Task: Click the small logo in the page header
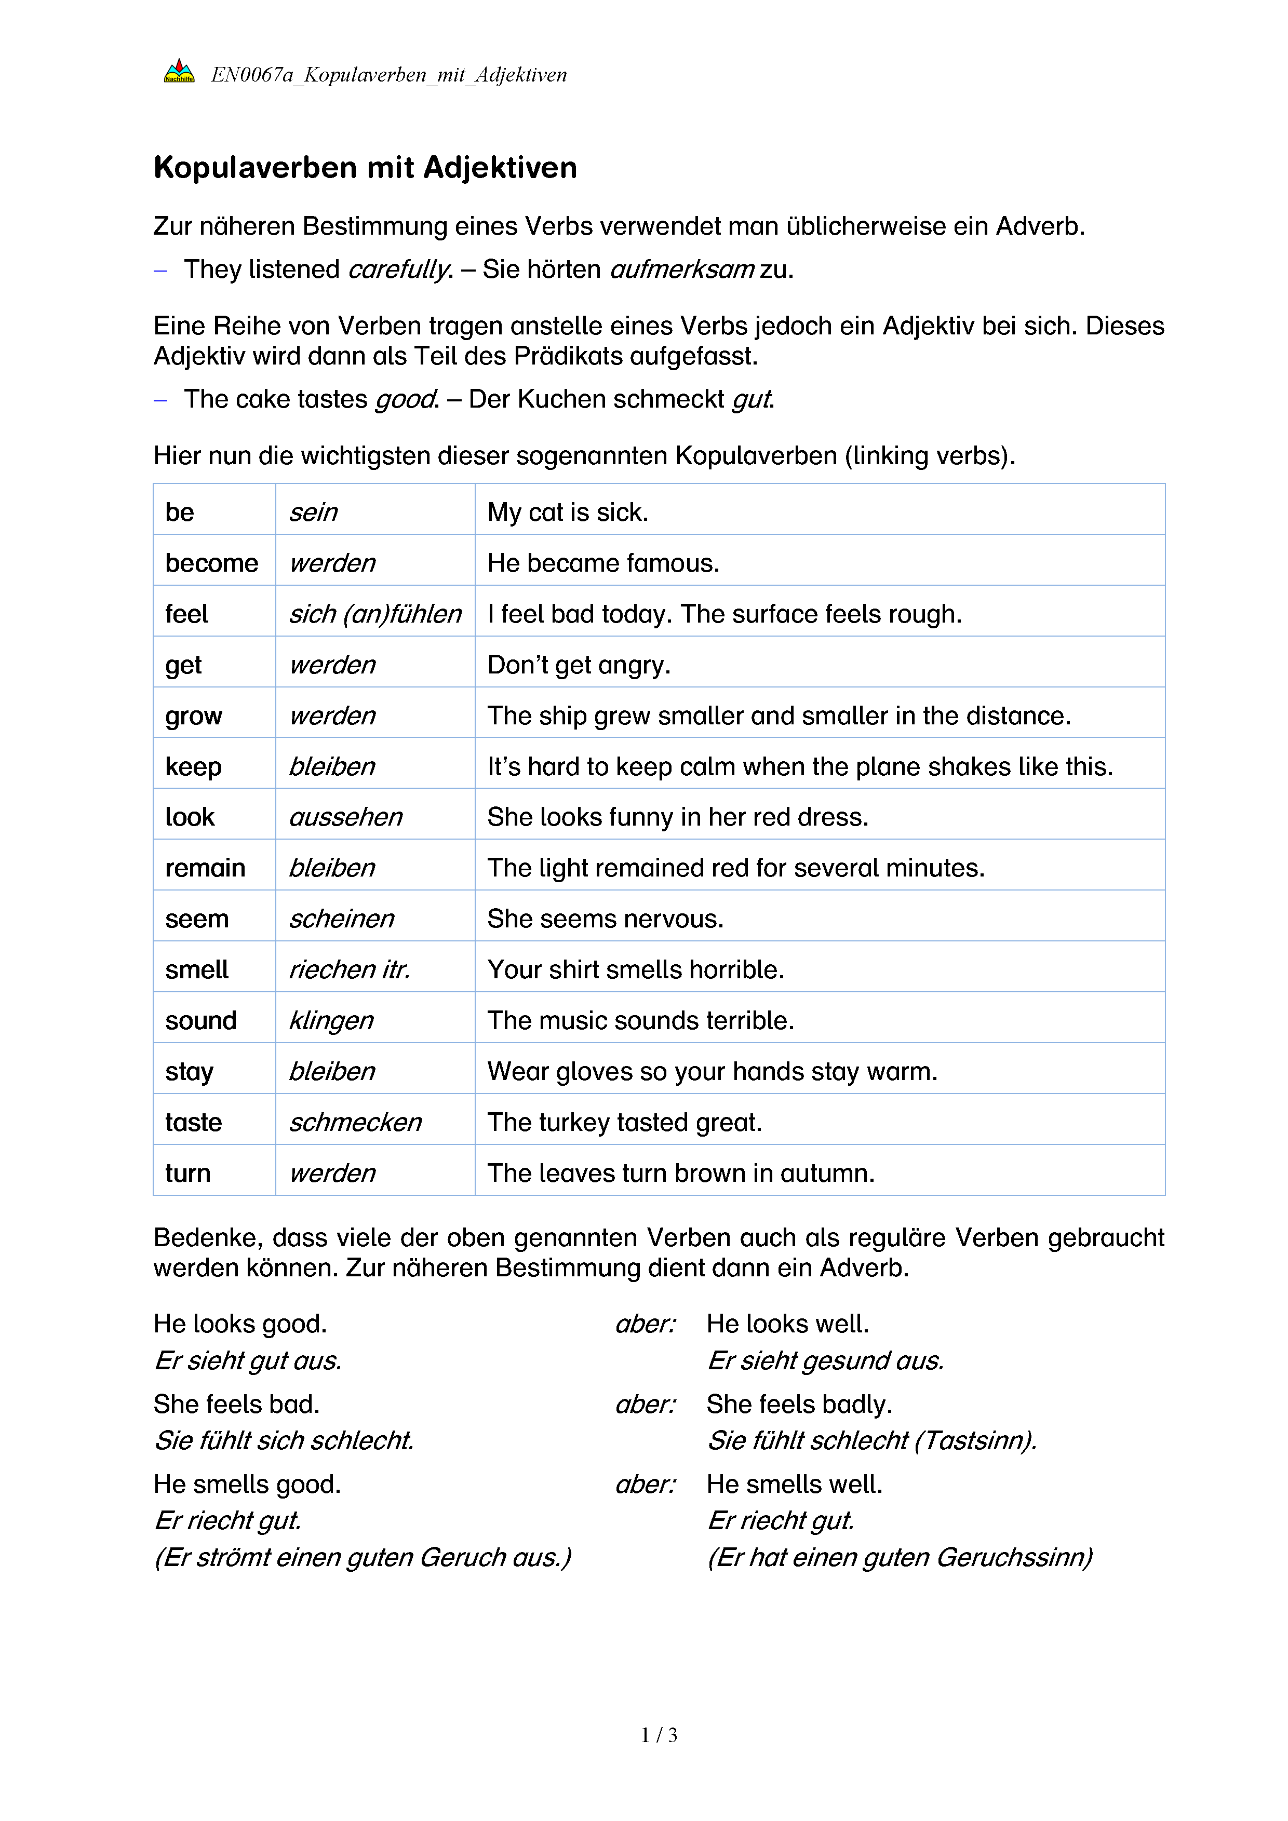tap(179, 72)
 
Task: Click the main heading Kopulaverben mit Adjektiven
tap(365, 168)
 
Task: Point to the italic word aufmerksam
tap(681, 269)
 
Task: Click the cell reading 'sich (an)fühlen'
tap(374, 614)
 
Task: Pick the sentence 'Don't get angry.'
tap(579, 665)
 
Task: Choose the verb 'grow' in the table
tap(194, 716)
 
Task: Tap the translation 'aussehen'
tap(346, 817)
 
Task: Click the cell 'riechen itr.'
tap(349, 969)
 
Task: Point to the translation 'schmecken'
tap(355, 1122)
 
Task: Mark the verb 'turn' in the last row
tap(188, 1173)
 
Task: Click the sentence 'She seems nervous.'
tap(605, 919)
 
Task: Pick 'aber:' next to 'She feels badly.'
tap(646, 1404)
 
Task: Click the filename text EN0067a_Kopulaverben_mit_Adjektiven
tap(388, 75)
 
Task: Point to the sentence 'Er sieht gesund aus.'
tap(825, 1360)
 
